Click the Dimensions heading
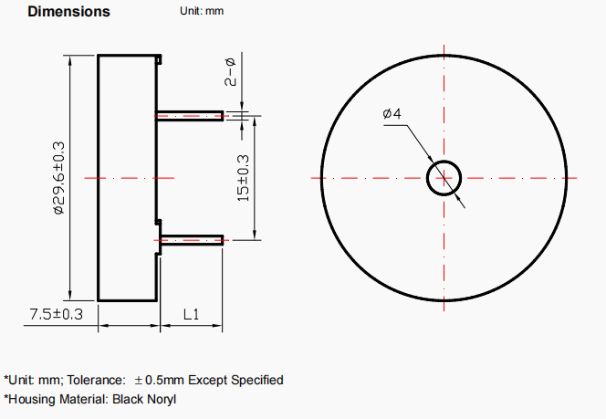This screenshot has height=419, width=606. coord(68,12)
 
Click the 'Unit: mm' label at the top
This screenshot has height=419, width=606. coord(202,11)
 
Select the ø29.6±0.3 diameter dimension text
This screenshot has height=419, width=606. coord(59,178)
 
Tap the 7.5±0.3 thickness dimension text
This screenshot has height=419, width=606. coord(57,314)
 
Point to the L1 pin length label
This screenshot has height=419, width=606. coord(192,314)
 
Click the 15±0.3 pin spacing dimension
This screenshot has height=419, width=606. coord(244,178)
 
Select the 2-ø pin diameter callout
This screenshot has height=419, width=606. coord(230,72)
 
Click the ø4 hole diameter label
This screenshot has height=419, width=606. coord(392,113)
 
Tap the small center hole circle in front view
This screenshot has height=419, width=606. coord(444,162)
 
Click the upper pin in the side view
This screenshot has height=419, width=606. coord(190,116)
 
